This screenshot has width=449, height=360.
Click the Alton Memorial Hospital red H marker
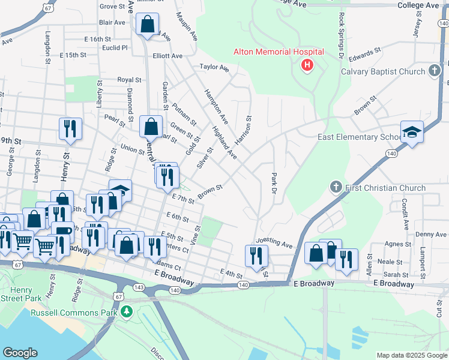click(307, 65)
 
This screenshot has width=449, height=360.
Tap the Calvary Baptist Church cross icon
click(435, 71)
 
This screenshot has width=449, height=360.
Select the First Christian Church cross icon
click(336, 188)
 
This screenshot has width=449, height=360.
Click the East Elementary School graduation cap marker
click(412, 131)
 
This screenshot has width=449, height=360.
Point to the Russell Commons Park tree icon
click(126, 311)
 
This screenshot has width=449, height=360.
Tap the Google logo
click(20, 353)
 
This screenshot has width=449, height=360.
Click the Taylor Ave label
click(215, 68)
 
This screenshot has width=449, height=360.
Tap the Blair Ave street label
click(112, 22)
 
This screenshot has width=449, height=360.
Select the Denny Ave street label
click(431, 234)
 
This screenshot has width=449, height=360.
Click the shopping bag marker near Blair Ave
click(148, 25)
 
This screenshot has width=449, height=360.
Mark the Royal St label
click(129, 79)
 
